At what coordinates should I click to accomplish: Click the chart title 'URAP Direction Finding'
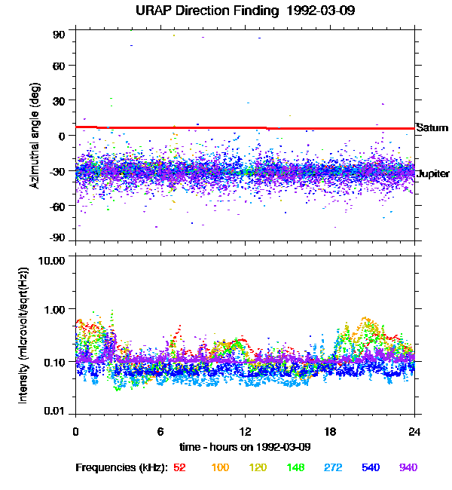(202, 11)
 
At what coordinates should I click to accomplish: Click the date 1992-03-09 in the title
(309, 11)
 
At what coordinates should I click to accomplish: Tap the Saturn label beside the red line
(432, 128)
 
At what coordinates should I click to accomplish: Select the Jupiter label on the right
(433, 174)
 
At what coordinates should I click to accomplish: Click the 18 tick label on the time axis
(330, 431)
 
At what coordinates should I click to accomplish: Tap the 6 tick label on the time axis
(160, 431)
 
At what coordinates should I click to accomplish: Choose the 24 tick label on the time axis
(414, 431)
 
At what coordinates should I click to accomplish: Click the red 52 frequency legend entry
(179, 468)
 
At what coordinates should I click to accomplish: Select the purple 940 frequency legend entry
(408, 468)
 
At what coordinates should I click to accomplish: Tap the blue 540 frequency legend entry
(370, 468)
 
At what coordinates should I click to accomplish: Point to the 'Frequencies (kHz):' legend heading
(121, 468)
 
